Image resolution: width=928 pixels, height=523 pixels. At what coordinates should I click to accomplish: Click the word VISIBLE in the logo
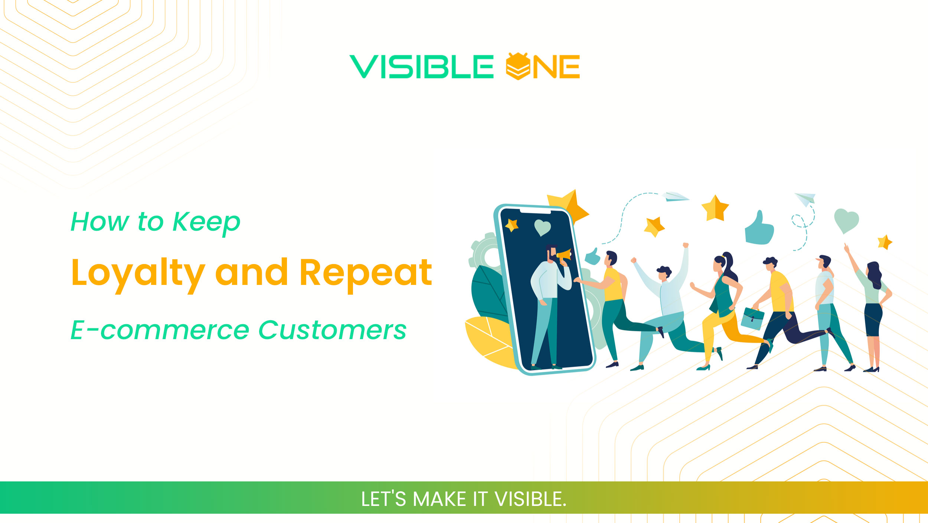[421, 67]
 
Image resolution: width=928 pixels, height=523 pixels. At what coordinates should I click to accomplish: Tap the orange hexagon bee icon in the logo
[517, 66]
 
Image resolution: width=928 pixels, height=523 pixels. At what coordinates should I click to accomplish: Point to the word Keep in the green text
[206, 222]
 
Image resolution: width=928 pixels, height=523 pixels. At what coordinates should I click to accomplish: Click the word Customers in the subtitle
[332, 330]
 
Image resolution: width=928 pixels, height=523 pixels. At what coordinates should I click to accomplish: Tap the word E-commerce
[160, 330]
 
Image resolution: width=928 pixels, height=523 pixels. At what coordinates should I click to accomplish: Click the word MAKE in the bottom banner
[439, 499]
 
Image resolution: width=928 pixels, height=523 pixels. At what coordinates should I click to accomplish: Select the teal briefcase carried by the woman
[752, 318]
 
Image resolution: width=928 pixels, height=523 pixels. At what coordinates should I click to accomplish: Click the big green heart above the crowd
[846, 220]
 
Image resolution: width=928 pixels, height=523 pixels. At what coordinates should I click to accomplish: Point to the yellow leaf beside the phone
[488, 340]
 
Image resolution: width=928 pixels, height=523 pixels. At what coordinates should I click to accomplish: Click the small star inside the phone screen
[512, 225]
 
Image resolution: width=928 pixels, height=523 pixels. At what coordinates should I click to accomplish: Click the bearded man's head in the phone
[551, 253]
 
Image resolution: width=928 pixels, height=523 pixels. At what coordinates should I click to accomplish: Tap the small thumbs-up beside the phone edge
[592, 257]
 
